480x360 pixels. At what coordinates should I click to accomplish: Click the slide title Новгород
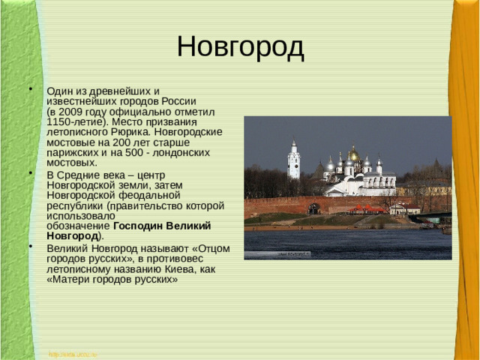(240, 47)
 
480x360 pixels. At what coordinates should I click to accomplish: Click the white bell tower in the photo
(293, 160)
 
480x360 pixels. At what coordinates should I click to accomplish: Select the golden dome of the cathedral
(353, 154)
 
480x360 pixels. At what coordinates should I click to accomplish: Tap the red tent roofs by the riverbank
(367, 209)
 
